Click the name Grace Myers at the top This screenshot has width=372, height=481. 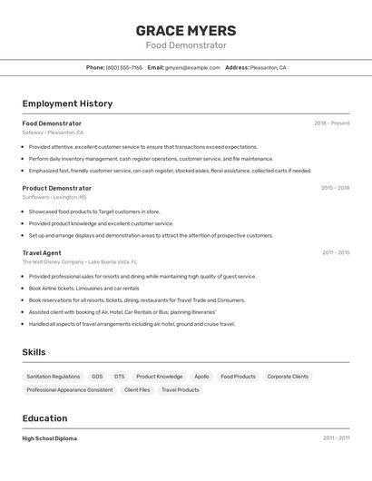(x=185, y=30)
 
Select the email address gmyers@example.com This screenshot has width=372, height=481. (x=192, y=67)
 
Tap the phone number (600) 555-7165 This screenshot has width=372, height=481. (x=124, y=67)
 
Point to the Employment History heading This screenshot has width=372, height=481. (x=67, y=103)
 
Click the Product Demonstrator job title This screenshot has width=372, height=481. (x=56, y=188)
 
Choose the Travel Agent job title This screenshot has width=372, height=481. (x=42, y=252)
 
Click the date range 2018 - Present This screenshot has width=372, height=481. (x=332, y=123)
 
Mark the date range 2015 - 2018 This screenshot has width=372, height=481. (x=335, y=188)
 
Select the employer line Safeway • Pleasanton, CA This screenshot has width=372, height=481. (x=53, y=133)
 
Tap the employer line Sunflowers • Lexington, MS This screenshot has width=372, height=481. (x=54, y=197)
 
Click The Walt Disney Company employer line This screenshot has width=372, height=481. (x=80, y=261)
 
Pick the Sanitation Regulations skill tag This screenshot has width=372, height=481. (x=54, y=377)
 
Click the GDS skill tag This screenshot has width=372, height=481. (x=97, y=377)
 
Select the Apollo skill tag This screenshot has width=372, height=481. (x=201, y=377)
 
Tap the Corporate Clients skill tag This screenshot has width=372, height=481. (x=288, y=377)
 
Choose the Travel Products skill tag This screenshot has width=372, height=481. (x=181, y=390)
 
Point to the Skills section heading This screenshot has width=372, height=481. (x=34, y=352)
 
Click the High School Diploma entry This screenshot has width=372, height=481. (x=50, y=438)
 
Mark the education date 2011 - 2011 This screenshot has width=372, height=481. (x=336, y=438)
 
